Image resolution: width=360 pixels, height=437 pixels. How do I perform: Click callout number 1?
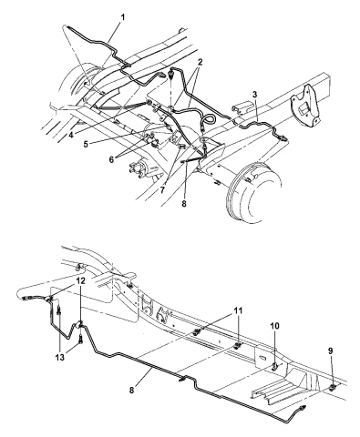(123, 18)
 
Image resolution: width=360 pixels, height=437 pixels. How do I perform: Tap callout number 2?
(200, 62)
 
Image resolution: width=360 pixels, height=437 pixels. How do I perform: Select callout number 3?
(254, 95)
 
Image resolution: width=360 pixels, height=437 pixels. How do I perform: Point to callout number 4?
(71, 136)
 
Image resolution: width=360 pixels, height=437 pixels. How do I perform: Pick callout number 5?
(86, 144)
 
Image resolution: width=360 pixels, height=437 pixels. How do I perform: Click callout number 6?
(111, 159)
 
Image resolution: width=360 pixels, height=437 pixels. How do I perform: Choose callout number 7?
(162, 190)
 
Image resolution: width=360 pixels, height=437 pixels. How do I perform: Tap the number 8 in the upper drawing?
(184, 204)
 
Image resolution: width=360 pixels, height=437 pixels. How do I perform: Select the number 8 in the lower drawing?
(131, 390)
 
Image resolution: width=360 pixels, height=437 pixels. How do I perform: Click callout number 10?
(274, 326)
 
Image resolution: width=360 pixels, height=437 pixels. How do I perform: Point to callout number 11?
(238, 310)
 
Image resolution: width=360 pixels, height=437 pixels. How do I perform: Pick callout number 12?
(81, 280)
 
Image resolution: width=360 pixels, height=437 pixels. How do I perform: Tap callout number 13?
(60, 358)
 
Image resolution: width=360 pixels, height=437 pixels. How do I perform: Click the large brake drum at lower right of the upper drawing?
(253, 194)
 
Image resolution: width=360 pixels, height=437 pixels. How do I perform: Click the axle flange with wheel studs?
(139, 170)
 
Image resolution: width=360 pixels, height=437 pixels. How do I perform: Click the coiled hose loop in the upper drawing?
(208, 119)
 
